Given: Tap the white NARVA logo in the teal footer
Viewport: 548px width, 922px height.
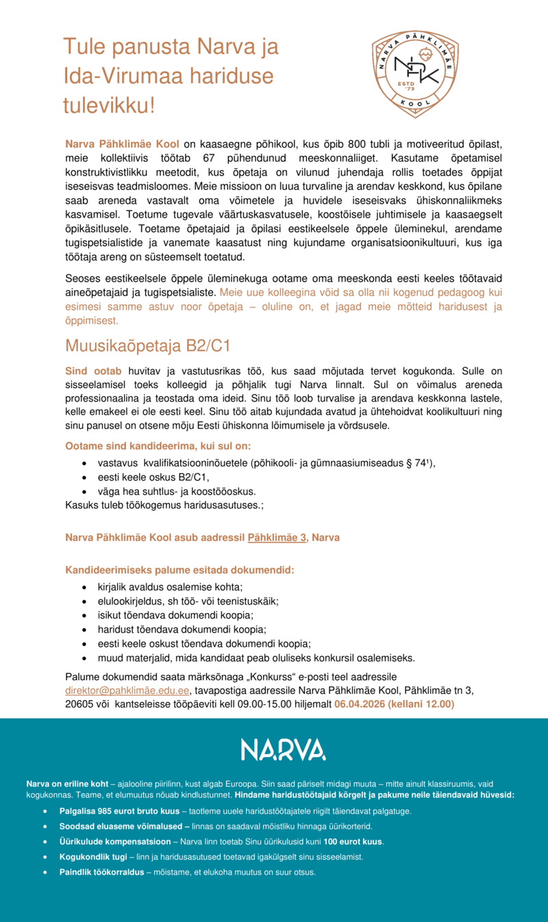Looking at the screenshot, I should [x=283, y=749].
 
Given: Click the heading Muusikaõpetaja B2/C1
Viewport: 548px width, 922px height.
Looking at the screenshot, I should [x=147, y=345].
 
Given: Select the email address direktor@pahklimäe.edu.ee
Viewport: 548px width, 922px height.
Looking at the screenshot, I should [x=127, y=690].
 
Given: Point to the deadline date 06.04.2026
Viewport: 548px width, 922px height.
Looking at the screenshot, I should [x=363, y=704].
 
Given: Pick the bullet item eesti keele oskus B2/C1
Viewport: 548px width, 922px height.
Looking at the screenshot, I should [x=153, y=477].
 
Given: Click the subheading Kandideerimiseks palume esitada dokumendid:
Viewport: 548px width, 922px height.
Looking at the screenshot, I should [x=179, y=570].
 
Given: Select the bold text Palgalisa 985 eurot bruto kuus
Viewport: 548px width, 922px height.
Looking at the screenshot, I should [x=119, y=811].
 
